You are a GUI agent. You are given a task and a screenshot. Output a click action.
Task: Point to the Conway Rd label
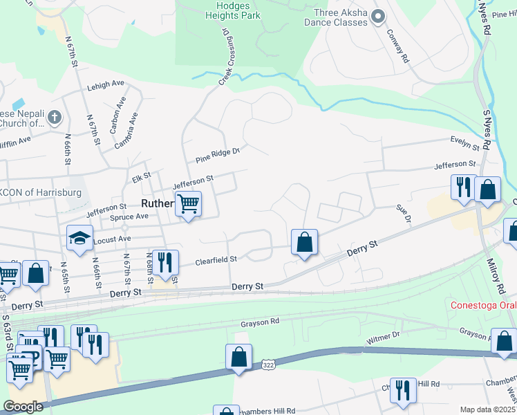point(399,45)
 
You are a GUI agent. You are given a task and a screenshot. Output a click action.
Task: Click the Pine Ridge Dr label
point(217,154)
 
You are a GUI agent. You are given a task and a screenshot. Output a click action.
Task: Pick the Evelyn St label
point(464,143)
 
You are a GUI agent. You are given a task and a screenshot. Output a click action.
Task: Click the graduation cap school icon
point(80,238)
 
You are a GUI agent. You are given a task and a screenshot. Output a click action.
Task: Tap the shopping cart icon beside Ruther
point(188,203)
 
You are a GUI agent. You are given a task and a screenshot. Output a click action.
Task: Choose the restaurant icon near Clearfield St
point(164,262)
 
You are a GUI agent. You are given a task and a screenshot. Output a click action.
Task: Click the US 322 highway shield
point(269,365)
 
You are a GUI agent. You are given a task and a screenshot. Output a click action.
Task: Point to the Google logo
point(23,407)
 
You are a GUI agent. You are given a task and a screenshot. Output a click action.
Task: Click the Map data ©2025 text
point(487,409)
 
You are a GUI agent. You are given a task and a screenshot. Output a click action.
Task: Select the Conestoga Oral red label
point(482,305)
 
